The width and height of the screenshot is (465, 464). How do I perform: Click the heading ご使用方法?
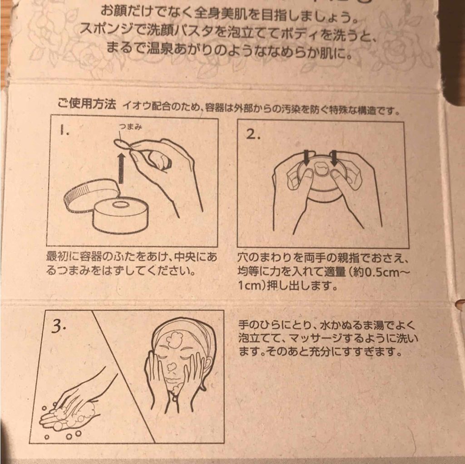(87, 105)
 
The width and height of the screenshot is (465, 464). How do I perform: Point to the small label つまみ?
(129, 127)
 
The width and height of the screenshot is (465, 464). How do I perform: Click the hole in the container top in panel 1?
(120, 205)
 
